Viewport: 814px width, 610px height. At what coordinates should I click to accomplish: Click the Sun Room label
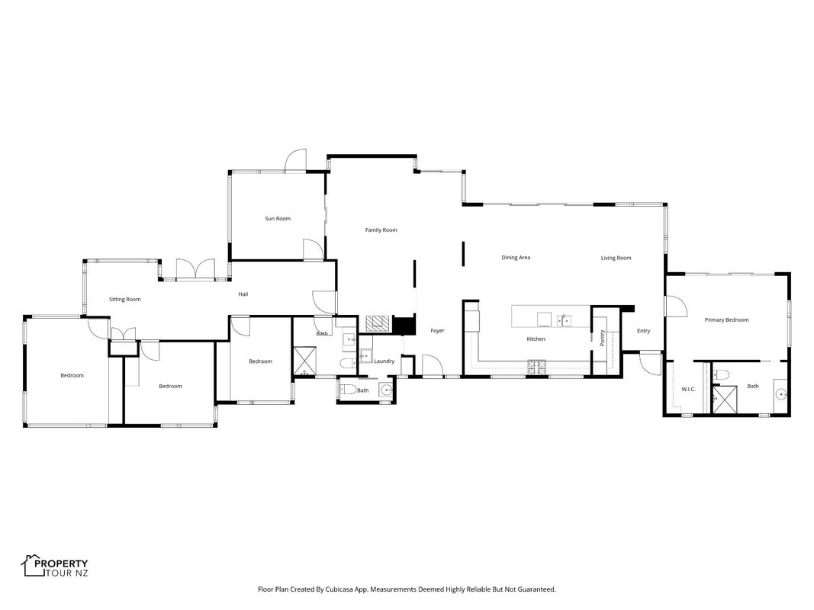[x=278, y=219]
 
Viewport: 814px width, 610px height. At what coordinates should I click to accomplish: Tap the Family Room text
[x=381, y=230]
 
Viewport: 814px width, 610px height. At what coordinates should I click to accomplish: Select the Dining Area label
[x=516, y=258]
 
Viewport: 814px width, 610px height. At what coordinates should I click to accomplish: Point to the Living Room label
[x=616, y=258]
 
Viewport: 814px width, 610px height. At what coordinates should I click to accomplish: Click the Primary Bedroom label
[x=726, y=320]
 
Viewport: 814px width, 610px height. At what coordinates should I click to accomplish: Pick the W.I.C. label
[x=688, y=389]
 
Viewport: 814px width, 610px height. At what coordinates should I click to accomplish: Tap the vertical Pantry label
[x=602, y=339]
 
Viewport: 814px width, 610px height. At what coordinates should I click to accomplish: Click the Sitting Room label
[x=124, y=300]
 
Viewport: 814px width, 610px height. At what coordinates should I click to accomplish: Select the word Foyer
[x=437, y=331]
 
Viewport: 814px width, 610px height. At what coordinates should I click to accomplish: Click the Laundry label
[x=384, y=361]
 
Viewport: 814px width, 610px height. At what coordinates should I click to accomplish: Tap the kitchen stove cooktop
[x=537, y=367]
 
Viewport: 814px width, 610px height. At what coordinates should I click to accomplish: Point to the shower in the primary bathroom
[x=724, y=400]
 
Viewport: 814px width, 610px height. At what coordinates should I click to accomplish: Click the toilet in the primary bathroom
[x=721, y=374]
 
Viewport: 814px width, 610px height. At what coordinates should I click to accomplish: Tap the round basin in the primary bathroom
[x=781, y=395]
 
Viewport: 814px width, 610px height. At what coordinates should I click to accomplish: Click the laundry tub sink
[x=366, y=356]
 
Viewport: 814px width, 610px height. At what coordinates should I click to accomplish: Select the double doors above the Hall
[x=195, y=270]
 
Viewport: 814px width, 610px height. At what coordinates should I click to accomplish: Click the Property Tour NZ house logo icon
[x=34, y=565]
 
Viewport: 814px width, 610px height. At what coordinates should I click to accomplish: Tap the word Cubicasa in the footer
[x=337, y=589]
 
